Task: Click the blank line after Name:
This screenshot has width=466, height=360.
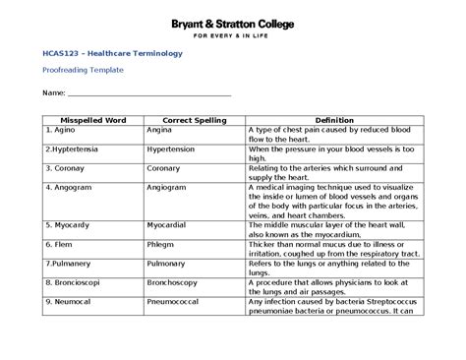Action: click(147, 94)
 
